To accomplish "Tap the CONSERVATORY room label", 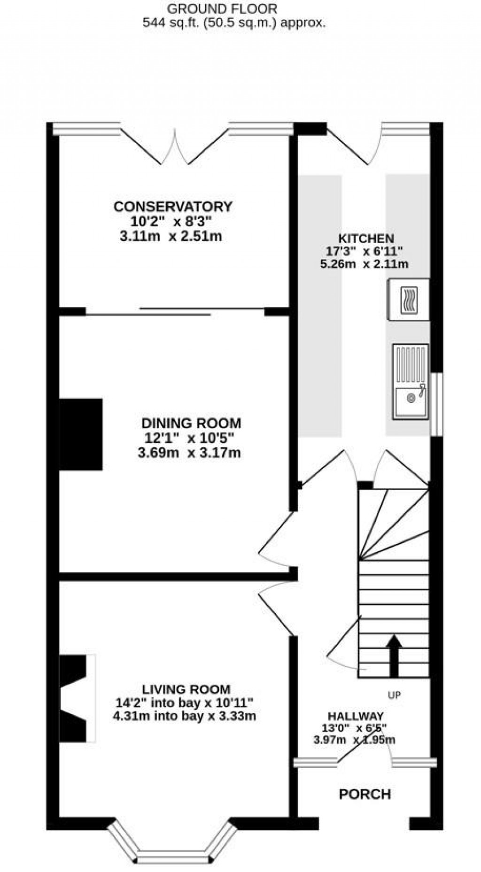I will tap(172, 207).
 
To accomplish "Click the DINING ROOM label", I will tap(191, 423).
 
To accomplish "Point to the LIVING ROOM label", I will tap(186, 689).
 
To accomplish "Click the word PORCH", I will tap(365, 794).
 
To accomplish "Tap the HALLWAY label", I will tap(355, 716).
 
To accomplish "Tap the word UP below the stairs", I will tap(394, 695).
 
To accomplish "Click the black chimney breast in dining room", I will tap(81, 434).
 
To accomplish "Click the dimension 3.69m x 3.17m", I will tap(189, 453).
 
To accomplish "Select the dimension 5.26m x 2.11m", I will tap(364, 264).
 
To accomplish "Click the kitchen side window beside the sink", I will tap(437, 404).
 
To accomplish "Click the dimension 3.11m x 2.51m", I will tap(171, 236).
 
